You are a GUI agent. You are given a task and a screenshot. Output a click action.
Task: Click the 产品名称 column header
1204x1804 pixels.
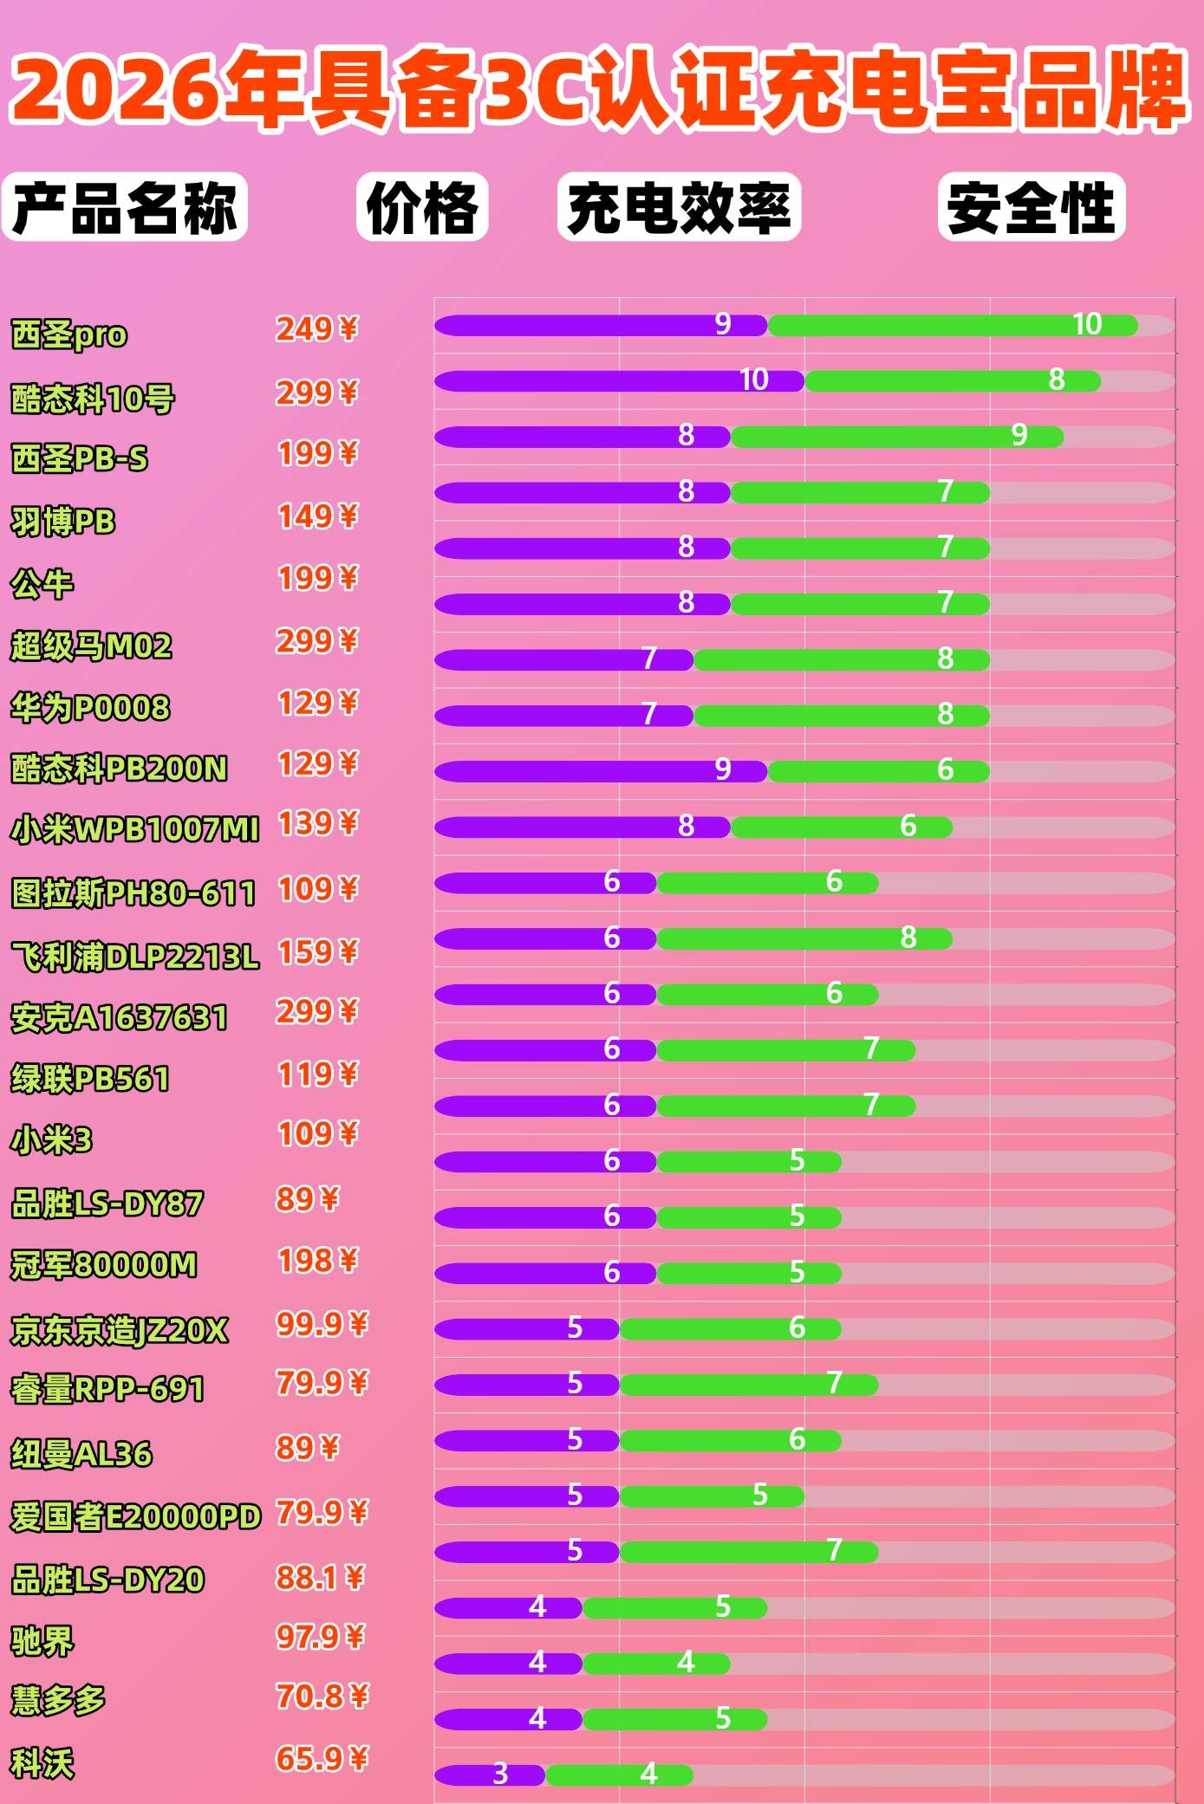(x=124, y=207)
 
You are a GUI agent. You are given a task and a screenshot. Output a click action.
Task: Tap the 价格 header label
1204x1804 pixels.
(x=422, y=207)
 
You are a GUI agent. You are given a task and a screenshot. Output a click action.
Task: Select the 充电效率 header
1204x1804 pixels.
(x=679, y=207)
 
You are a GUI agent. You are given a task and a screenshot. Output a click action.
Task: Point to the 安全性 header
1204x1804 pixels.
(x=1031, y=207)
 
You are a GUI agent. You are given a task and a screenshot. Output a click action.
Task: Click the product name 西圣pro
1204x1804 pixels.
(x=69, y=334)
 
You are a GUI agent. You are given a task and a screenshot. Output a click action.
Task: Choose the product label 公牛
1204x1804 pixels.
(x=42, y=584)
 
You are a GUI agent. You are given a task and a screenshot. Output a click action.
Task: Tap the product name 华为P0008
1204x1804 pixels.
(x=90, y=708)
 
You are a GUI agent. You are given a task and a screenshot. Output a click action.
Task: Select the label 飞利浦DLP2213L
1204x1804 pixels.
(x=134, y=957)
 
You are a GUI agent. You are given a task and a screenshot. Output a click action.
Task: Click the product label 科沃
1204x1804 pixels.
(x=42, y=1763)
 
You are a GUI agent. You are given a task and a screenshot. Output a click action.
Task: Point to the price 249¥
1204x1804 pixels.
(x=316, y=329)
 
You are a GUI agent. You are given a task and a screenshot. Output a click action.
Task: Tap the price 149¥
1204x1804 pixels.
(x=317, y=516)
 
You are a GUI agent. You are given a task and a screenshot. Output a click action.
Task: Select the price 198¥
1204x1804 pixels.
(x=317, y=1261)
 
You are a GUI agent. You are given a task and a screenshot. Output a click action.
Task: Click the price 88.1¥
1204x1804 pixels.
(x=320, y=1578)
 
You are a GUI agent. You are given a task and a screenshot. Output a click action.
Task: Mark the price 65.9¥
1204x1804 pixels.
(x=322, y=1759)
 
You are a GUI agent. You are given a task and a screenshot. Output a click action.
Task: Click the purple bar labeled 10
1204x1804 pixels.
(x=619, y=381)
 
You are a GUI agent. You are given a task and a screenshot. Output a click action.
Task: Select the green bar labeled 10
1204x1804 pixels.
(x=952, y=326)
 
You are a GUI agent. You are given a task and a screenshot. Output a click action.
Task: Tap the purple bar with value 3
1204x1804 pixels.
(x=489, y=1775)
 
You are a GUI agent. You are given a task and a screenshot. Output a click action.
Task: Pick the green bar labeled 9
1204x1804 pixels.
(x=896, y=437)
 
